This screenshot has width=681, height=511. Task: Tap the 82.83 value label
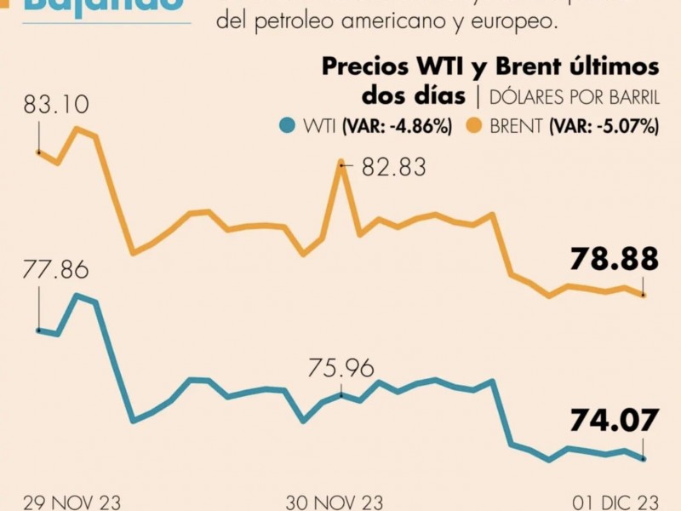[393, 167]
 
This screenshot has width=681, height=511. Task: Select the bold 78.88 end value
[615, 257]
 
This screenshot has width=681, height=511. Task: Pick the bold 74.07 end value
[615, 420]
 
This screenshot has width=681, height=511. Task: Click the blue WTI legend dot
[287, 127]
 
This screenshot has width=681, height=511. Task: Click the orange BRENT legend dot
[474, 127]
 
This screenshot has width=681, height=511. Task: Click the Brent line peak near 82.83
[341, 161]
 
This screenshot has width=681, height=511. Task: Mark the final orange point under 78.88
[644, 295]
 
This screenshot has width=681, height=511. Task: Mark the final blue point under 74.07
[644, 458]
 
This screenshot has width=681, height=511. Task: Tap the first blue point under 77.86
[38, 330]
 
